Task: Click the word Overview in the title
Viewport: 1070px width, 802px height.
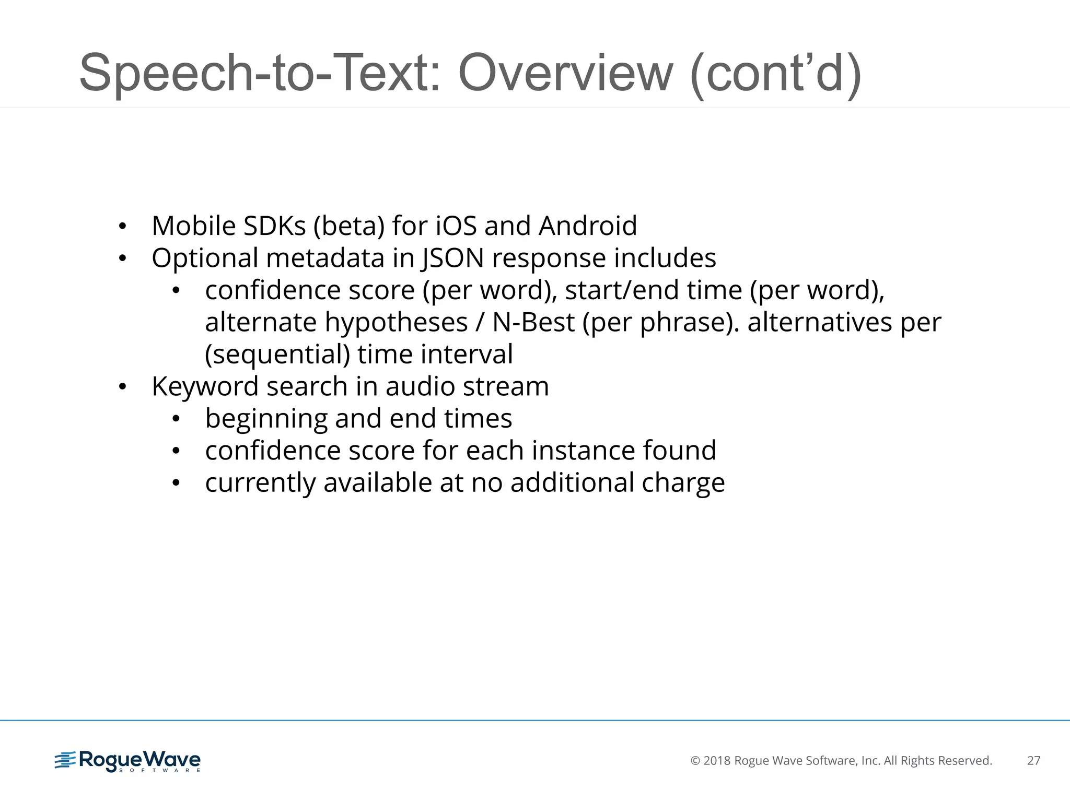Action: (565, 73)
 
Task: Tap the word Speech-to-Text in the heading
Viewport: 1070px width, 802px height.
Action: (260, 73)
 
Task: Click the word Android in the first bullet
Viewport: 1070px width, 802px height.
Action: (588, 226)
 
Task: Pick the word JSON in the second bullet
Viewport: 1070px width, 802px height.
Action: (453, 258)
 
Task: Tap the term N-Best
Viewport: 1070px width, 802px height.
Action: (533, 322)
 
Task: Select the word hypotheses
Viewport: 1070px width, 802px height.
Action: (396, 323)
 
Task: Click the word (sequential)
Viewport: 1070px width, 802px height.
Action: (277, 355)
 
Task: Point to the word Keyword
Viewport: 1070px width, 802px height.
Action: (205, 387)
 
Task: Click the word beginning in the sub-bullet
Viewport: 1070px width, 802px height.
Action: (266, 419)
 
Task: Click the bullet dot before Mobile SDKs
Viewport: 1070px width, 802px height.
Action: (122, 227)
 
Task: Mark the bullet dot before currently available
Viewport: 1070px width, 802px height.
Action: (176, 483)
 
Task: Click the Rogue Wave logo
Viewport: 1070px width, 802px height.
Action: (127, 761)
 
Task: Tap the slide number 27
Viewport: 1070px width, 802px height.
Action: (1033, 761)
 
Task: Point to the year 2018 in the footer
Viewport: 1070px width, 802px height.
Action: (717, 761)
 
